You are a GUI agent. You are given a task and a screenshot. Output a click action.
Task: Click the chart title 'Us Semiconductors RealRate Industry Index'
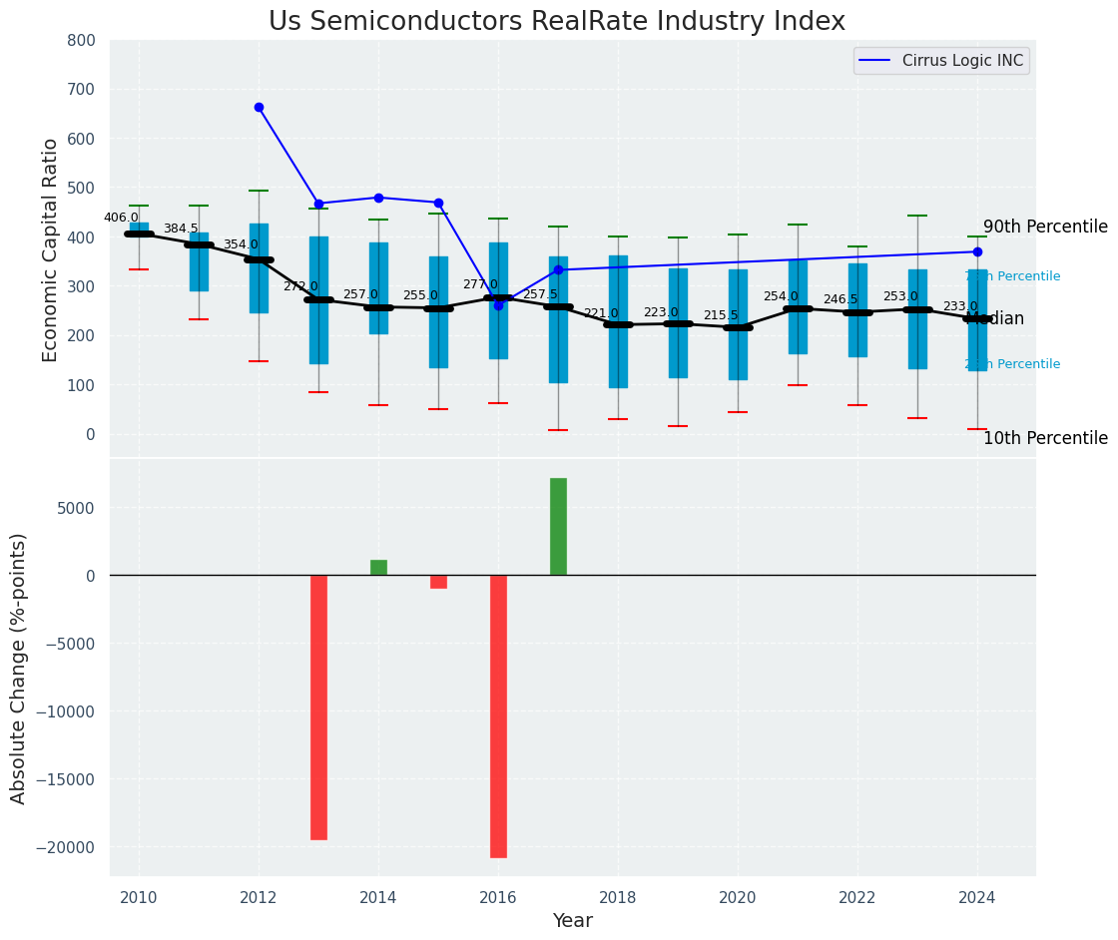(557, 22)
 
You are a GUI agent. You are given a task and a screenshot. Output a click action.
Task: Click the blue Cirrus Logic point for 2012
(259, 107)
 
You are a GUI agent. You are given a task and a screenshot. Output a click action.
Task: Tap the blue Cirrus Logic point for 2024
(977, 251)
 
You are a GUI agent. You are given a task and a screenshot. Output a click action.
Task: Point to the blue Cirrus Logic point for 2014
(378, 198)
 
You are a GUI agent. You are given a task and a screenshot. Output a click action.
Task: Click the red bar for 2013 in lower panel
(318, 706)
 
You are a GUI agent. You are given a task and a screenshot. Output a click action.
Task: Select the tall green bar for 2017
(558, 527)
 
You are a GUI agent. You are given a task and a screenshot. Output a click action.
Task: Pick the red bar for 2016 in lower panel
(498, 715)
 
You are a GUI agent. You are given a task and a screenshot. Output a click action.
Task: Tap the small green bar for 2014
(378, 568)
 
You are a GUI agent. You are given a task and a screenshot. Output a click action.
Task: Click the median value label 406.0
(121, 218)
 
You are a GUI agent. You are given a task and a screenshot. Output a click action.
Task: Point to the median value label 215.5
(721, 315)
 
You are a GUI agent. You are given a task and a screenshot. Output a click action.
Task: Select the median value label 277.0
(480, 284)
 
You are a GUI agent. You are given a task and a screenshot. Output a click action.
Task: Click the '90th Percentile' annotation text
(1045, 228)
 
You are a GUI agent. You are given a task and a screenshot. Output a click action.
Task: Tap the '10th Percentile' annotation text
(1045, 439)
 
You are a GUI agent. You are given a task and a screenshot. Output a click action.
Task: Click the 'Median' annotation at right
(994, 319)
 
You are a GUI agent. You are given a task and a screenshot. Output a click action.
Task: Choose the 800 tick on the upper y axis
(81, 41)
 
